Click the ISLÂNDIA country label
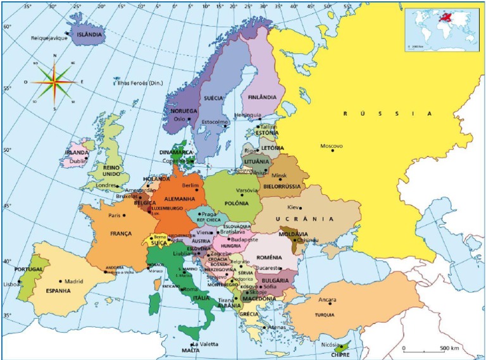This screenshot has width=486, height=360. pyautogui.click(x=89, y=35)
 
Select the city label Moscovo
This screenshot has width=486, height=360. pyautogui.click(x=331, y=146)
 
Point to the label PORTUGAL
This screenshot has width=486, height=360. pyautogui.click(x=28, y=269)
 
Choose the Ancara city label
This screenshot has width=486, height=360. pyautogui.click(x=327, y=300)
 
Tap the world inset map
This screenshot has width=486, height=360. pyautogui.click(x=442, y=28)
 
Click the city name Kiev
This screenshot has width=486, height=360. pyautogui.click(x=292, y=208)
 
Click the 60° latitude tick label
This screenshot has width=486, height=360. pyautogui.click(x=6, y=27)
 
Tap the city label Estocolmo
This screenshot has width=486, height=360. pyautogui.click(x=214, y=121)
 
